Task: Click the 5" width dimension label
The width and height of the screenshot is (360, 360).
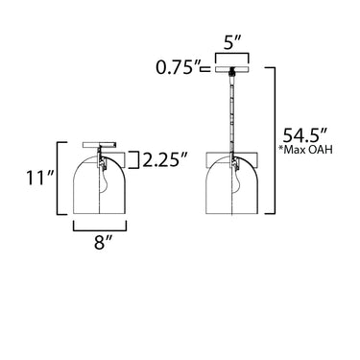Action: (x=232, y=43)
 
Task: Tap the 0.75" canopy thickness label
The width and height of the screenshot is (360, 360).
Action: (x=177, y=67)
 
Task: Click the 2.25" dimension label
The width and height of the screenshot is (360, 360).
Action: (x=165, y=160)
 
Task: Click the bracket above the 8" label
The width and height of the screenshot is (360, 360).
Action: (x=100, y=226)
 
